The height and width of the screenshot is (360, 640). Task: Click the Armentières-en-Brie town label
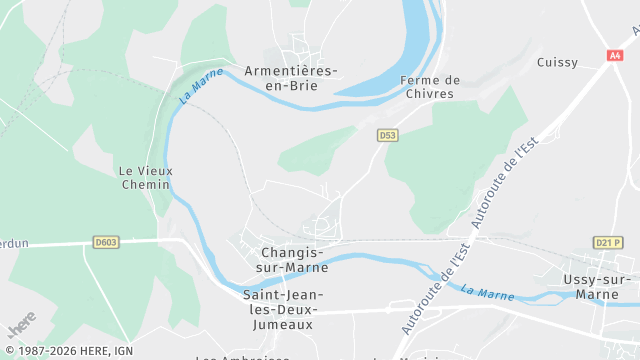290,78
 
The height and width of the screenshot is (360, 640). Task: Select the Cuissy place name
557,62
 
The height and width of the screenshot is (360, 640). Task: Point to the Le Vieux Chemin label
146,177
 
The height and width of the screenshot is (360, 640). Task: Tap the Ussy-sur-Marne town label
600,286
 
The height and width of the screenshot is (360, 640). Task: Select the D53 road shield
388,135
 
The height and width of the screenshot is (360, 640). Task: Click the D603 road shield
105,241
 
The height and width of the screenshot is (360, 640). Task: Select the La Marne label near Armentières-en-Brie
202,89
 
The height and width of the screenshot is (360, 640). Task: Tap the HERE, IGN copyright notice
68,351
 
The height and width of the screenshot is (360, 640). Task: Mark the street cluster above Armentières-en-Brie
299,46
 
